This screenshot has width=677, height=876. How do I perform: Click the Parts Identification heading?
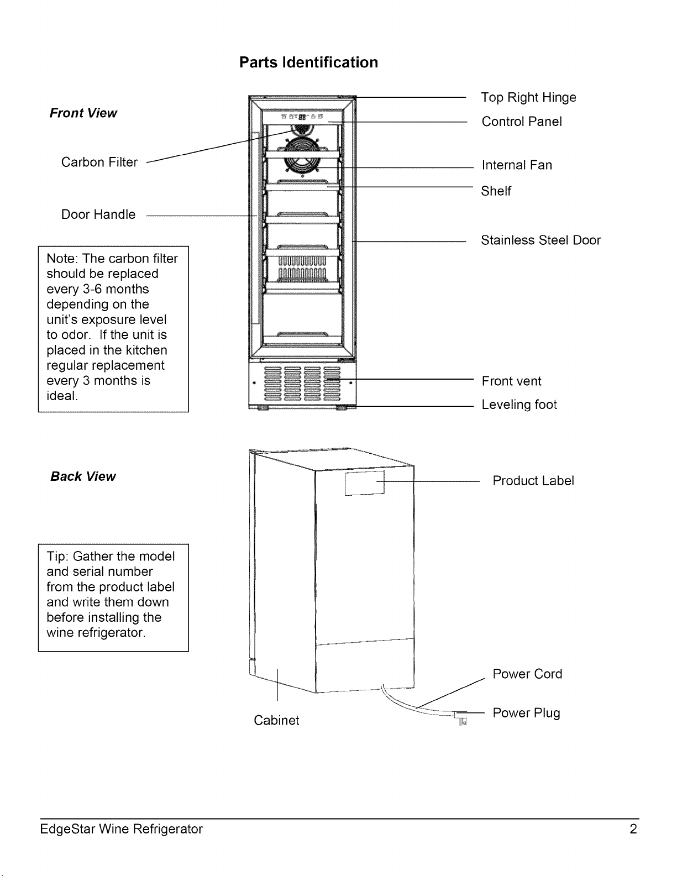(309, 62)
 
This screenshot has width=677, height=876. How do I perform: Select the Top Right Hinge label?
(528, 98)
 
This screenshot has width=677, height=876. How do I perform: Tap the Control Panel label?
(522, 122)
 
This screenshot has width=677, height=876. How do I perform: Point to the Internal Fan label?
(517, 165)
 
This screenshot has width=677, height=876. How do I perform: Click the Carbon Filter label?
(99, 162)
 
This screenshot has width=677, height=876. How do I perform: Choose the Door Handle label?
(98, 214)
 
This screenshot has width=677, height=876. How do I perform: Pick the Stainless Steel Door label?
(541, 240)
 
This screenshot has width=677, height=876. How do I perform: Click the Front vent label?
(511, 381)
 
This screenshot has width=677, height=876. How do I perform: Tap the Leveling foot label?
(519, 405)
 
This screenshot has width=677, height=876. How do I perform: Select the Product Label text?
(533, 480)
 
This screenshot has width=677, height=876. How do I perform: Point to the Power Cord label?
(527, 674)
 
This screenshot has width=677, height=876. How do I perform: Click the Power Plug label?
(526, 713)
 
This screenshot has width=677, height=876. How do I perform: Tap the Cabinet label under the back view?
(276, 720)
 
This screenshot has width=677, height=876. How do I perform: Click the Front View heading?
(83, 113)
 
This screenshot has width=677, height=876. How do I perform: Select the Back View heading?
(83, 476)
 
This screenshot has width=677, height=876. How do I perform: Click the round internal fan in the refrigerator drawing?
(302, 155)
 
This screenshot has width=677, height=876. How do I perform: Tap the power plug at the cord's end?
(461, 717)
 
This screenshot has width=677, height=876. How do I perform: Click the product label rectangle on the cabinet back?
(365, 482)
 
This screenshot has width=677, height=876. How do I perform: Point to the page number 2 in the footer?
(633, 829)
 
